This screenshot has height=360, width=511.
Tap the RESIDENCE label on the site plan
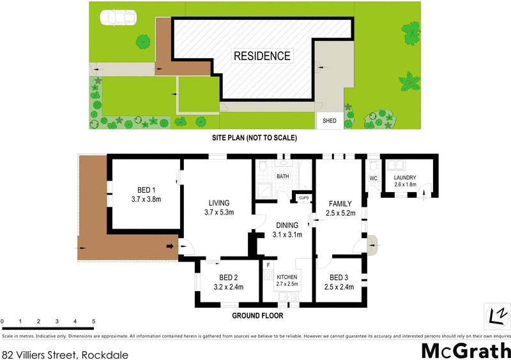[x=262, y=56]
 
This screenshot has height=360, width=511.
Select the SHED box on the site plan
[x=329, y=121]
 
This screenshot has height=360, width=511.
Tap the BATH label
[x=282, y=176]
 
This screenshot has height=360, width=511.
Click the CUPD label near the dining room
[x=304, y=198]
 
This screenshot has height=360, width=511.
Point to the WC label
[x=373, y=178]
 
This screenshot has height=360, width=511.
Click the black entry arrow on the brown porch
[x=171, y=246]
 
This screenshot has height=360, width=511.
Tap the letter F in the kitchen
[x=269, y=264]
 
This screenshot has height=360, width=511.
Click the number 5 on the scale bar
[x=94, y=321]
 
